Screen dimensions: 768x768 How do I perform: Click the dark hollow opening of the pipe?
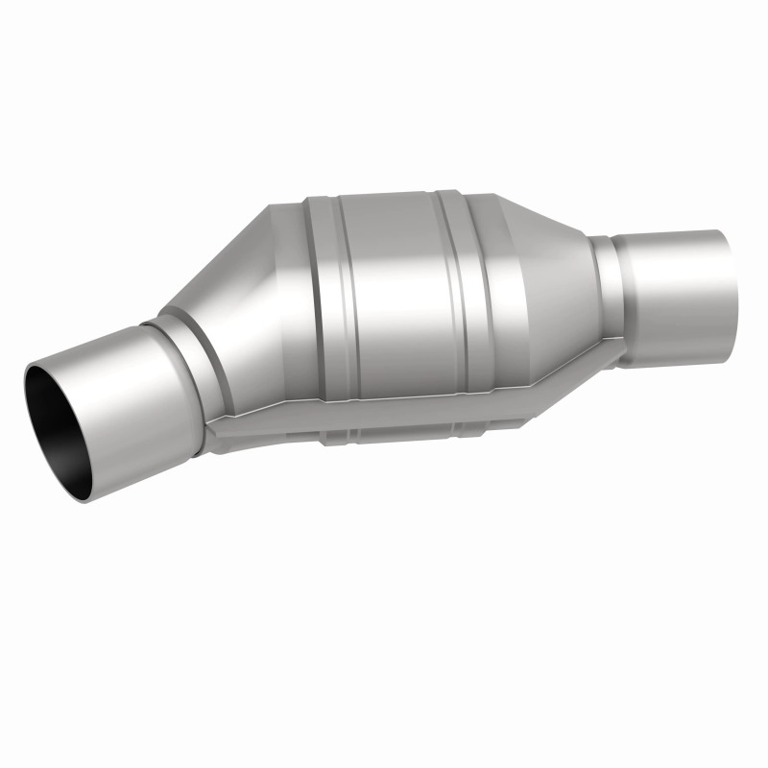point(60,413)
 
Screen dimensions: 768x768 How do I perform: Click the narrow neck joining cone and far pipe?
point(603,288)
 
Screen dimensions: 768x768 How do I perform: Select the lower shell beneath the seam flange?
point(403,422)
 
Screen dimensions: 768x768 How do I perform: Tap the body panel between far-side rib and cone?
point(490,278)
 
